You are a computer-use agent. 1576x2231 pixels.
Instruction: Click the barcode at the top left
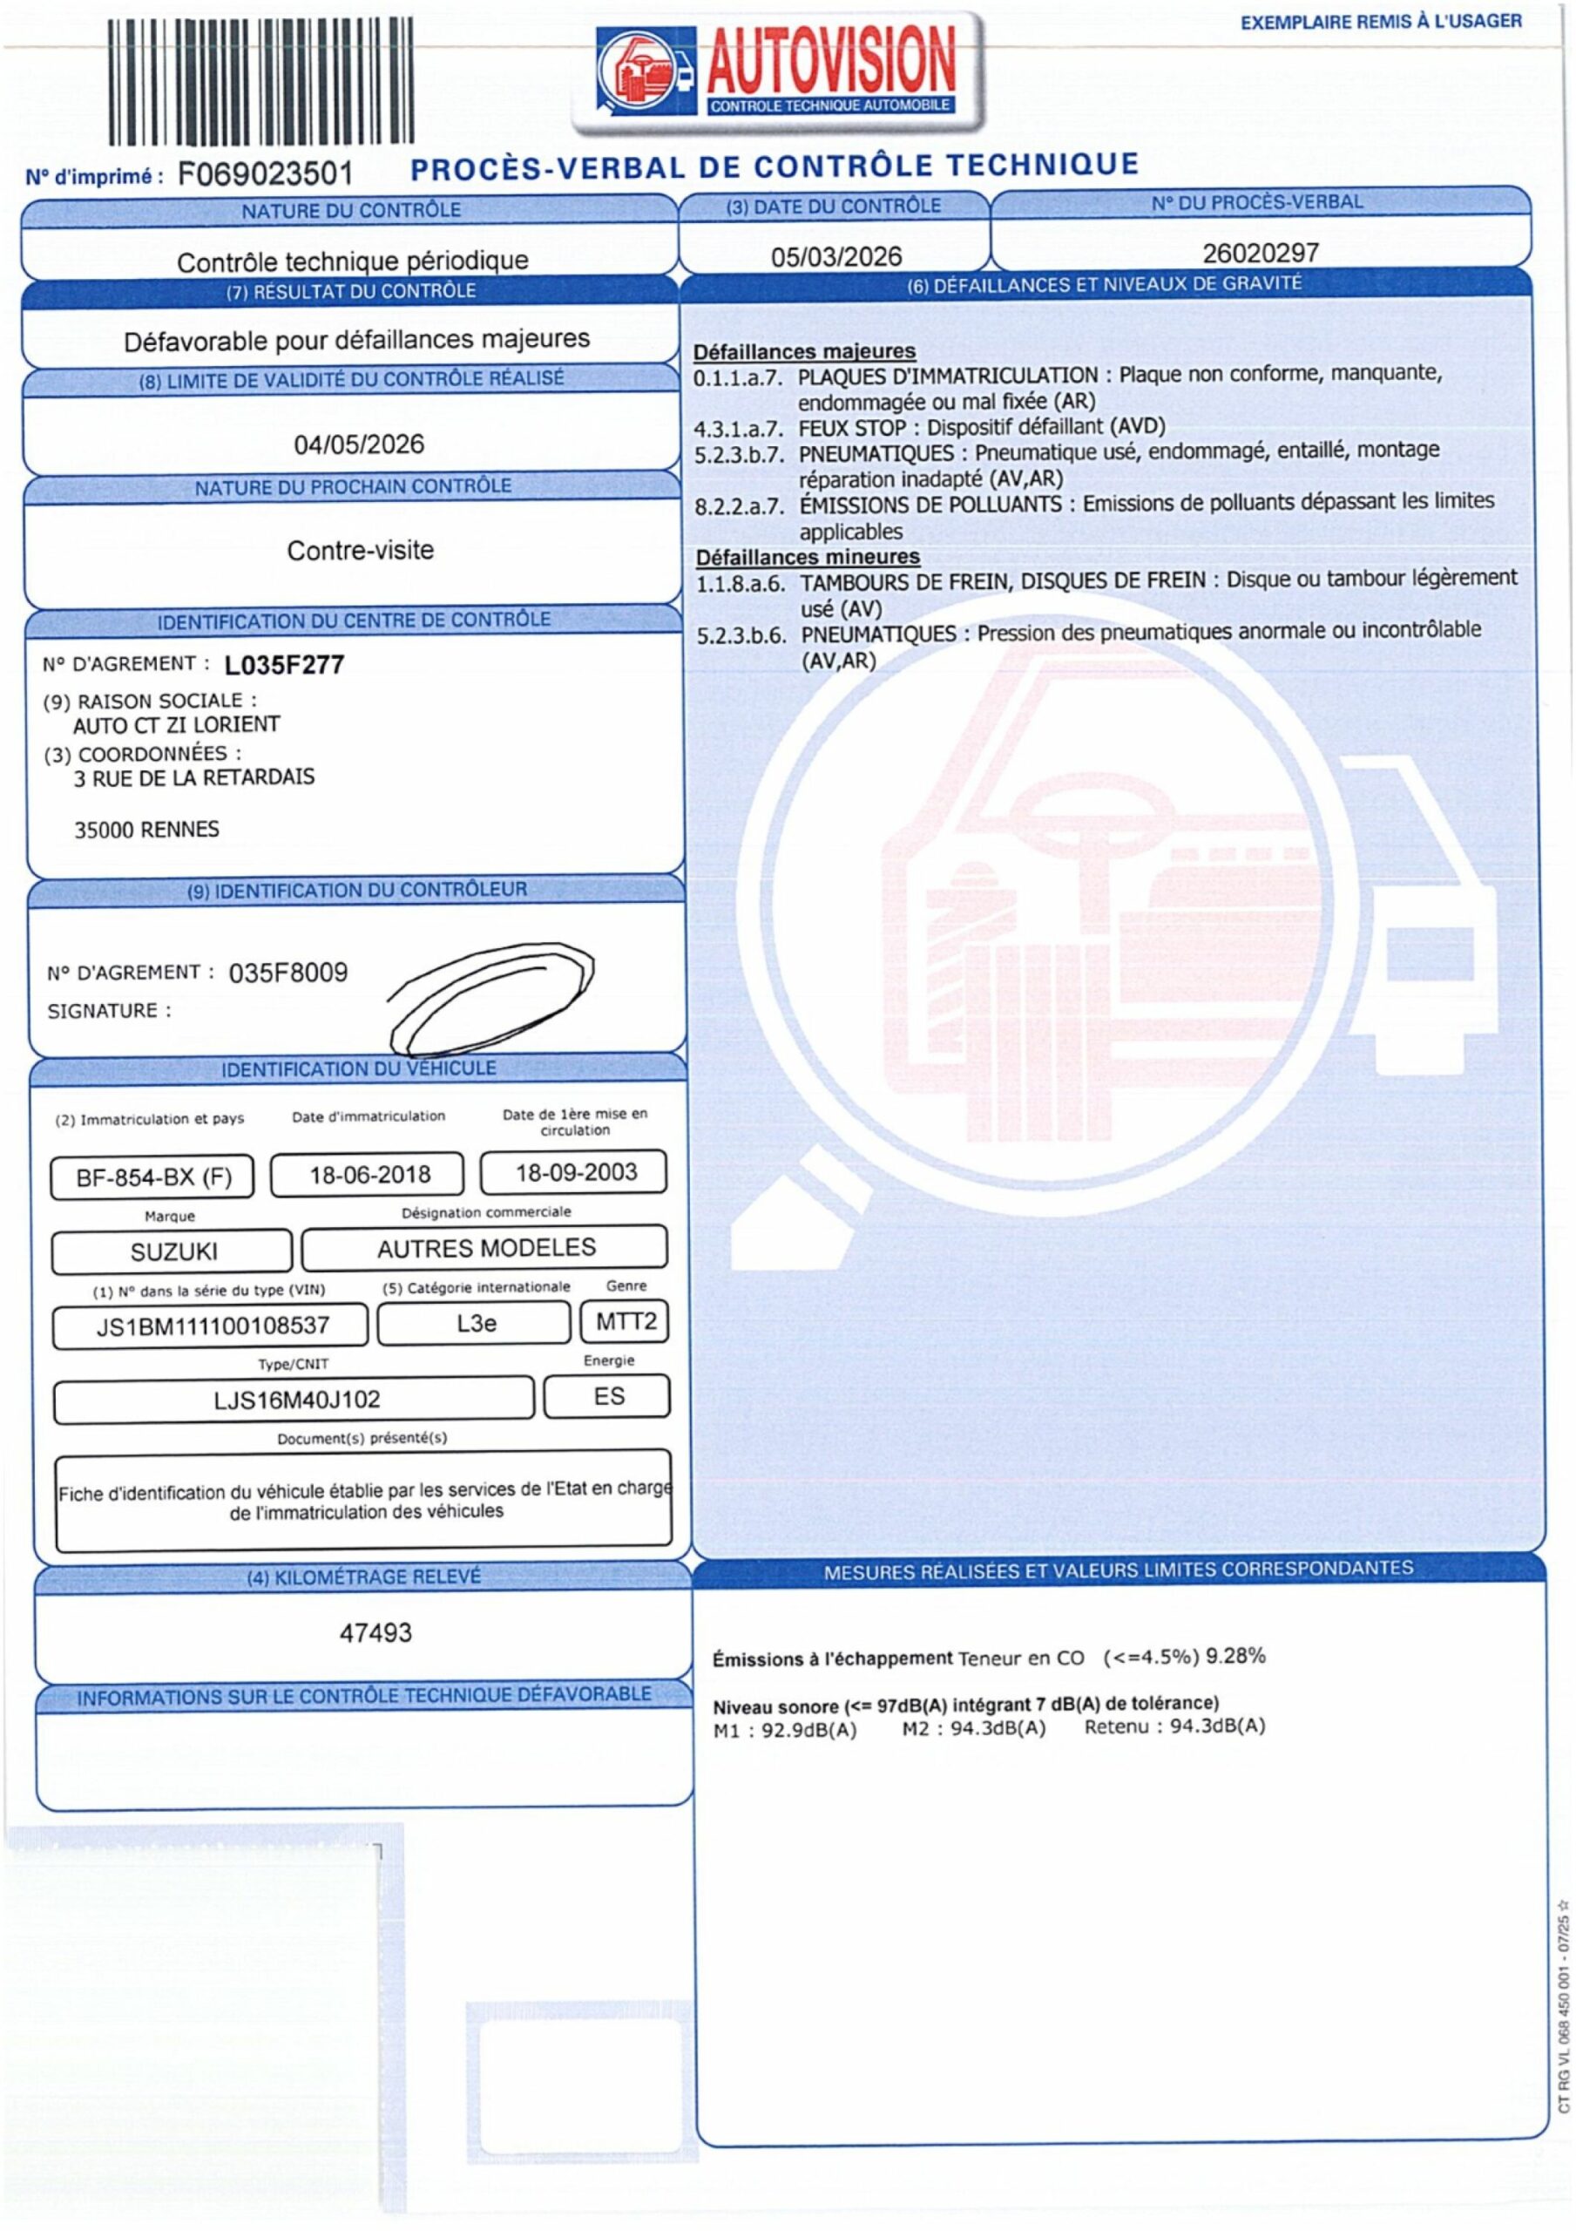click(260, 83)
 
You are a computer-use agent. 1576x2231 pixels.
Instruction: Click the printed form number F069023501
click(264, 175)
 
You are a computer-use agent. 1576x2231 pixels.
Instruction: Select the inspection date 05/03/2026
click(835, 256)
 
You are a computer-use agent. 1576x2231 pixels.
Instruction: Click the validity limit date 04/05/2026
click(359, 445)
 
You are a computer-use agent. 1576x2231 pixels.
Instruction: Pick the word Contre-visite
click(360, 551)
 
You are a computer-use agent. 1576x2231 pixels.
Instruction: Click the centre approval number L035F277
click(284, 666)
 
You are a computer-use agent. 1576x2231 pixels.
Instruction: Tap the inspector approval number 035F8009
click(287, 973)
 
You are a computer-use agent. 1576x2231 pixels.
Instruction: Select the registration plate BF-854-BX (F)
click(153, 1177)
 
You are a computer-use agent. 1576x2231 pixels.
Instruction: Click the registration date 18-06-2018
click(369, 1175)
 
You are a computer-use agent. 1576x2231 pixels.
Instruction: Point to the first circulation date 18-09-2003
click(575, 1172)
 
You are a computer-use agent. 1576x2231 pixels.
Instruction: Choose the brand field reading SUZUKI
click(173, 1251)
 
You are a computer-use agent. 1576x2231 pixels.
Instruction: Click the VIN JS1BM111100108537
click(212, 1326)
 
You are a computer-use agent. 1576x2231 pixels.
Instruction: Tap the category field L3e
click(475, 1322)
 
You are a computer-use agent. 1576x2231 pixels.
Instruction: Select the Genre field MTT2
click(626, 1321)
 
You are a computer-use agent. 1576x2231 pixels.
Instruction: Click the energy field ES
click(608, 1396)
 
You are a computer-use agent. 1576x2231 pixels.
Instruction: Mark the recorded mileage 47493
click(375, 1632)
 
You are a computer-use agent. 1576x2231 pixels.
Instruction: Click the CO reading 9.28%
click(1235, 1655)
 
